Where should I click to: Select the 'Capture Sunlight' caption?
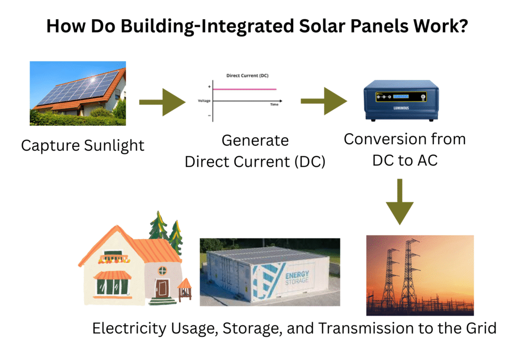[x=83, y=146]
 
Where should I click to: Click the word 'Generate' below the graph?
[x=255, y=140]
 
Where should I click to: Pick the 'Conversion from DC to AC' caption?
[x=405, y=149]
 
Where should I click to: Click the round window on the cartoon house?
[x=162, y=270]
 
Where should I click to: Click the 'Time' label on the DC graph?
[x=274, y=104]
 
